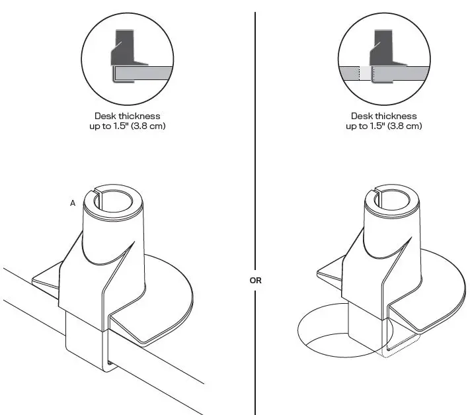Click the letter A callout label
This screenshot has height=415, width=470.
(x=73, y=203)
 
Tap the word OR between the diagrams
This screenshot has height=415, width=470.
(x=255, y=281)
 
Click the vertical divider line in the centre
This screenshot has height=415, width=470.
(x=255, y=165)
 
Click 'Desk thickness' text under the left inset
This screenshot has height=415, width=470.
(x=127, y=116)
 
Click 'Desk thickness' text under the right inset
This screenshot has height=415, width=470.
(x=383, y=116)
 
